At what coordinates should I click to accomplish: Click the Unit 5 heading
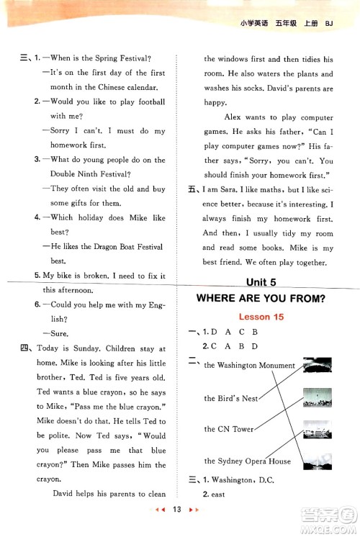pos(261,282)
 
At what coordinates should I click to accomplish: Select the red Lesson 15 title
pos(261,317)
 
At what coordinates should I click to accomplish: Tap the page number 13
pos(176,509)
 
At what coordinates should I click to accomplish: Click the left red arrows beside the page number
pos(161,510)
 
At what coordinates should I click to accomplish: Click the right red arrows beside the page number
pos(194,510)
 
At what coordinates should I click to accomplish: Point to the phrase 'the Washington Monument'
pos(249,366)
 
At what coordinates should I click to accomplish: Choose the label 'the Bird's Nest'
pos(231,398)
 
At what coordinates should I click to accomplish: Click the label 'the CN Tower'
pos(229,429)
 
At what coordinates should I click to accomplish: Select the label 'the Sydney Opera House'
pos(247,461)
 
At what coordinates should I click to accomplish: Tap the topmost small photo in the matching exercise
pos(318,365)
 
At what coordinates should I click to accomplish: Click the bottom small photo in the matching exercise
pos(318,461)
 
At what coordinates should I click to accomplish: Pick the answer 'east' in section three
pos(218,495)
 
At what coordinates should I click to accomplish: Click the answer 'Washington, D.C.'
pos(243,480)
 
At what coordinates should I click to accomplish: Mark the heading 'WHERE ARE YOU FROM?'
pos(261,299)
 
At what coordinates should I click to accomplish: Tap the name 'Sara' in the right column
pos(228,190)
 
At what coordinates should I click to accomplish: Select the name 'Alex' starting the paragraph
pos(233,117)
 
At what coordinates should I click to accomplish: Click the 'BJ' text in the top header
pos(329,24)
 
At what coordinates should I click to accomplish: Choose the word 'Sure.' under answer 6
pos(60,333)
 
